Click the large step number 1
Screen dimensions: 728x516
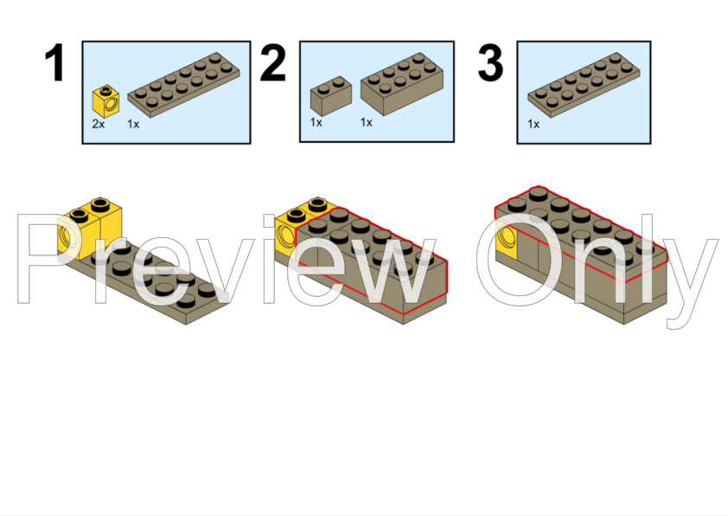coord(55,62)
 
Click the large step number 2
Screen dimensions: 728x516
coord(272,62)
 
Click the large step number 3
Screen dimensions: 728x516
coord(490,62)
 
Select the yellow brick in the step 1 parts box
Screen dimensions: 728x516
coord(105,101)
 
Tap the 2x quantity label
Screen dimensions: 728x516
coord(99,124)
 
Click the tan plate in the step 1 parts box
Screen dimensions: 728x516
coord(183,84)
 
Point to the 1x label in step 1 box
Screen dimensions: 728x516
coord(133,124)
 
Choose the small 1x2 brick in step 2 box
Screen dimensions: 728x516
coord(331,96)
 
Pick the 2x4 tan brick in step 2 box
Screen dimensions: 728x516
coord(402,84)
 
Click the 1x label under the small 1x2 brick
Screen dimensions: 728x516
coord(316,122)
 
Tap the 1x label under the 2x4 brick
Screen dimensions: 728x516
coord(367,122)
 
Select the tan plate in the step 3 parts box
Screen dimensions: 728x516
coord(584,84)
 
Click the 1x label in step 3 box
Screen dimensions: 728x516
coord(533,124)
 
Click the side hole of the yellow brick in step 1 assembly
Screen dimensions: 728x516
coord(65,236)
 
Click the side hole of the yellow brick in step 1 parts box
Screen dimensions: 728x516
coord(112,104)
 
